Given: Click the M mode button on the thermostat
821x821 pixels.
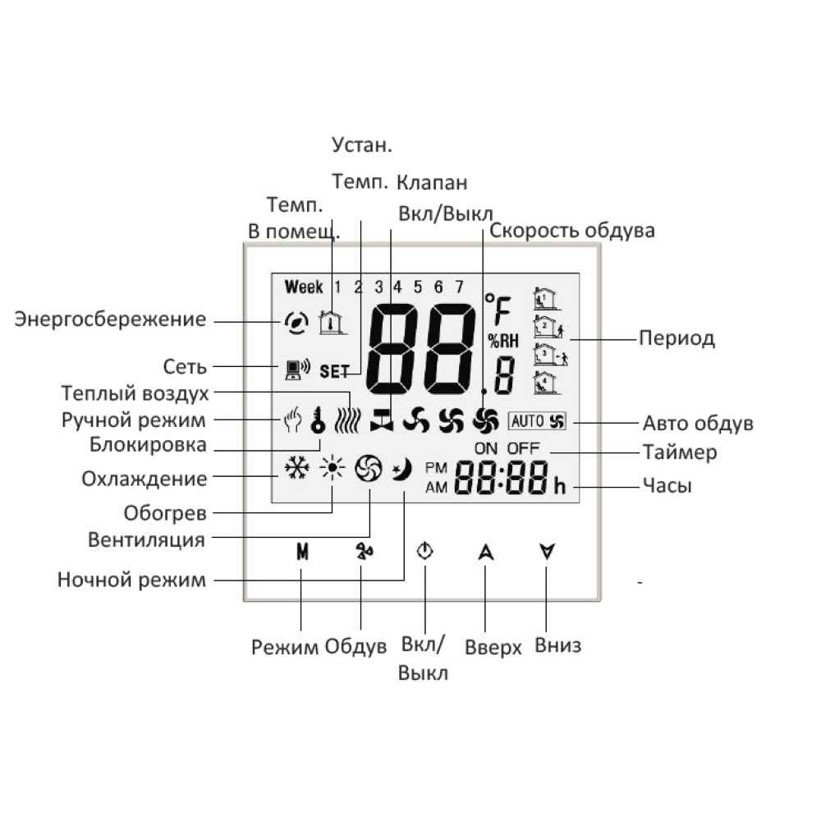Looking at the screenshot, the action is coord(302,552).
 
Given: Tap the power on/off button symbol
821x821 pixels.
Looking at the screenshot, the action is coord(424,551).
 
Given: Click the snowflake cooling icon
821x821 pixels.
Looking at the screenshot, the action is coord(296,468).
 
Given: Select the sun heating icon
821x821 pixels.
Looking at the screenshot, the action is coord(333,468).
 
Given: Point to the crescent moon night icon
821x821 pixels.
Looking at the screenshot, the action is coord(403,469).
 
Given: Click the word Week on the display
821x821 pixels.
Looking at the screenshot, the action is coord(304,287).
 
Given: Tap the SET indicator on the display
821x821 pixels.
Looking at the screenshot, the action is coord(334,371).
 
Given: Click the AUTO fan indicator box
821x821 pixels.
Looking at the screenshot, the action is coord(537,421).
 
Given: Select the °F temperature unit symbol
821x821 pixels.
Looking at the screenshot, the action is coord(498,309).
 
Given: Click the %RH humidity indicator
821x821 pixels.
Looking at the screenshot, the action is coord(503,342).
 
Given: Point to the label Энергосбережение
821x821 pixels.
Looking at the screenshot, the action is coord(110,319).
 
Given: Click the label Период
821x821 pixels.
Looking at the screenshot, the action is coord(677,338).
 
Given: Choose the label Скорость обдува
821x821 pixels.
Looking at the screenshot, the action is coord(571,231).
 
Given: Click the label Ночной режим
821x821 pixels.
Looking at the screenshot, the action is coord(131,580).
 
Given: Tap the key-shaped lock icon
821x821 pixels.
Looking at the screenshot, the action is coord(318,420).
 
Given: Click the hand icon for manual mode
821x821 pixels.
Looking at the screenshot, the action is coord(293,420).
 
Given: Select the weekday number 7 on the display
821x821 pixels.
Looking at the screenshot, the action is coord(459,287).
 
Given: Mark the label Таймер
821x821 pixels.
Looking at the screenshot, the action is coord(680,452).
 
